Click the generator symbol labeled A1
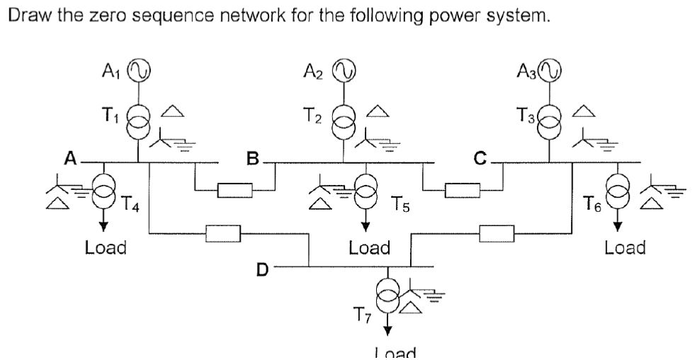(139, 70)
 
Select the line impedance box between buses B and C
(463, 191)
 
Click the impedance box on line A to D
(223, 232)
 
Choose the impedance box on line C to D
(497, 232)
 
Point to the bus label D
(262, 270)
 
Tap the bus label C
(481, 158)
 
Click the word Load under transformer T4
(105, 247)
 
